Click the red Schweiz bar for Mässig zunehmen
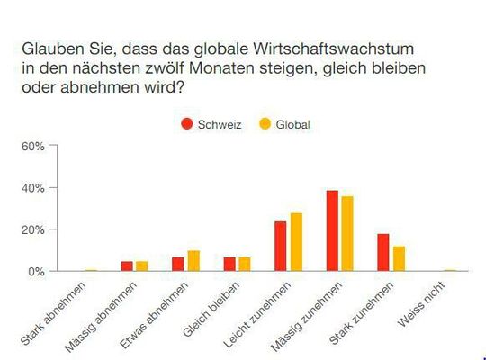coord(332,230)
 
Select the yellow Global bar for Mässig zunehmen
coord(347,233)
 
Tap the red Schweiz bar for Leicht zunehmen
coord(281,246)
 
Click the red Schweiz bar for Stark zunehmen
coord(383,252)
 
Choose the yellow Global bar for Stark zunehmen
coord(399,258)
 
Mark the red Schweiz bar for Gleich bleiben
coord(229,264)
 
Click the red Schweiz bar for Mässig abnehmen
coord(127,265)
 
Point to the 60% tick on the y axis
coord(32,146)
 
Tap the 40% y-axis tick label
coord(32,187)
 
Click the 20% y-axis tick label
coord(32,229)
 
